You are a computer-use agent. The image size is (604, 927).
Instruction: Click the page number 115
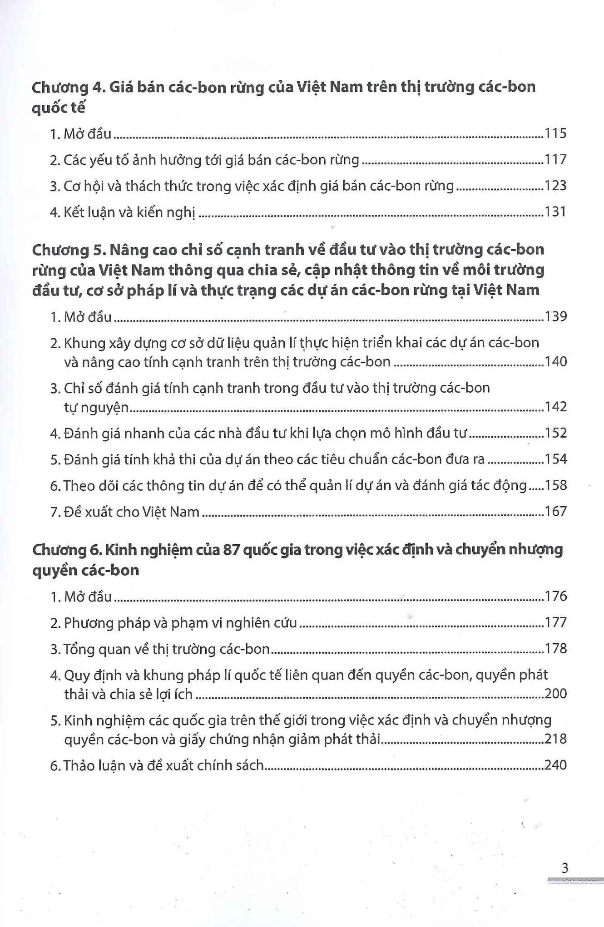555,133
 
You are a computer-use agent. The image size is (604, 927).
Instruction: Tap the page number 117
555,159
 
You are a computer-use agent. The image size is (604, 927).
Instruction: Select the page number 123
555,185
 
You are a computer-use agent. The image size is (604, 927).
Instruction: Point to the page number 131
555,212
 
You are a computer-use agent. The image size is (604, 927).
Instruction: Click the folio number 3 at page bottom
564,868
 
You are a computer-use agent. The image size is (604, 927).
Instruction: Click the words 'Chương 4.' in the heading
68,87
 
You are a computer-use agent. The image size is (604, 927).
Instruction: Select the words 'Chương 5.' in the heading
68,250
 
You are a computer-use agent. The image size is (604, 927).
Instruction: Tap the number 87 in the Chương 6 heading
231,550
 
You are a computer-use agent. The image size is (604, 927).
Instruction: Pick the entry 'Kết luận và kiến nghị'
129,212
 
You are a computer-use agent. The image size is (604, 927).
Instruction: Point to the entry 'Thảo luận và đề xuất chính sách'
163,765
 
